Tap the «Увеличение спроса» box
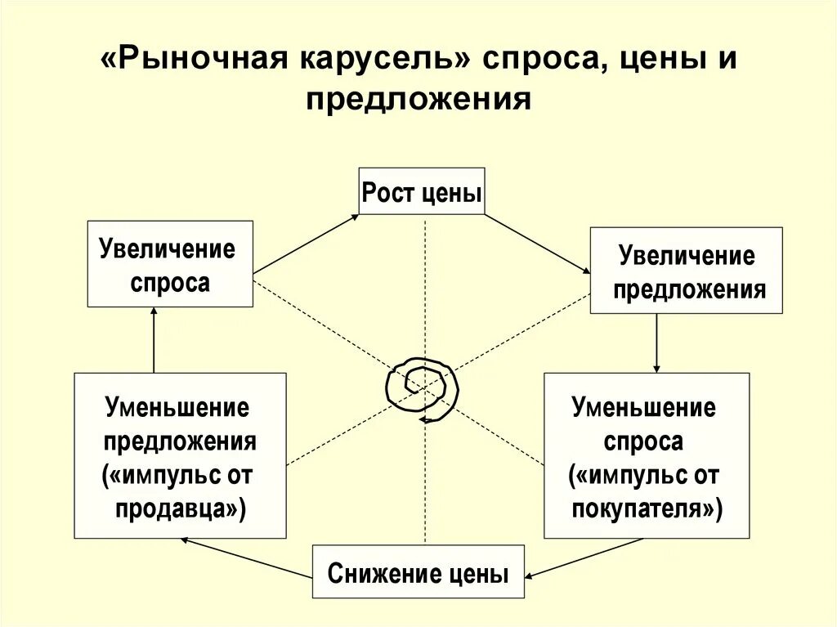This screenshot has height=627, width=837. [x=170, y=264]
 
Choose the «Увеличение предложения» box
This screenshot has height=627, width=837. [x=686, y=271]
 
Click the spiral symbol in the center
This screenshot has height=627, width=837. [x=422, y=388]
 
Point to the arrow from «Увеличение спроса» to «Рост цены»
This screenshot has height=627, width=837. [x=306, y=244]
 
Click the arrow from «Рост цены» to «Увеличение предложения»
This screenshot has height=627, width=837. [x=538, y=244]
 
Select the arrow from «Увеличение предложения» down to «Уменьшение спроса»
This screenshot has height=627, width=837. [x=657, y=343]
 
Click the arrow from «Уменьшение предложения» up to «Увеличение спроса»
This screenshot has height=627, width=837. [x=154, y=339]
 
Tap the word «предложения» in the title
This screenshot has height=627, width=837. [x=418, y=100]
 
